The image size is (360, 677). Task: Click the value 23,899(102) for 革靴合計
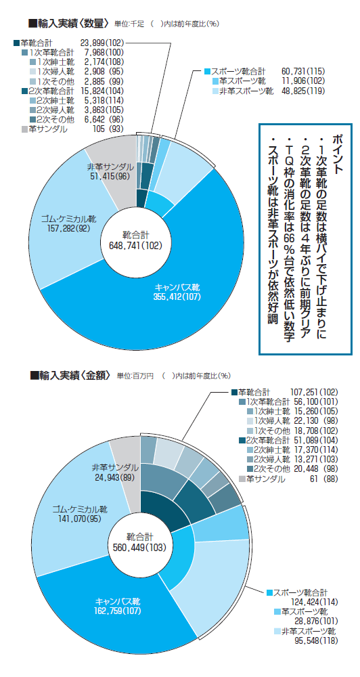click(102, 43)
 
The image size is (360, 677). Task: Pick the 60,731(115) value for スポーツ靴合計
click(302, 71)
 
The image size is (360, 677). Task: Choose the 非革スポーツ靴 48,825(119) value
click(302, 91)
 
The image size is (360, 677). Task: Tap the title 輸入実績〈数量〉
click(68, 23)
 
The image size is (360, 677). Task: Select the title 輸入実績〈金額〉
click(71, 375)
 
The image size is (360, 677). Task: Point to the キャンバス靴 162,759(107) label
click(118, 606)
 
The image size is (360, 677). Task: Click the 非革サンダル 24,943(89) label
click(115, 473)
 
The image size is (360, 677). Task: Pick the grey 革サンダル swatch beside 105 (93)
click(24, 129)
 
